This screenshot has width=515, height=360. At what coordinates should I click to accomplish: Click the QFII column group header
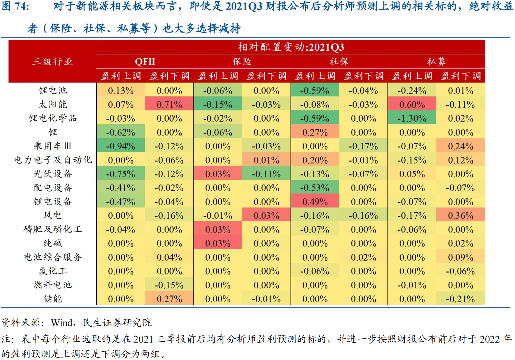(145, 61)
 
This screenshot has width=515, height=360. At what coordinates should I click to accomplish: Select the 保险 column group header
(242, 61)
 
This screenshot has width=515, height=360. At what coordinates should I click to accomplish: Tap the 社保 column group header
(339, 61)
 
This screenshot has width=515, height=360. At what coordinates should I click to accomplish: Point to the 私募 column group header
(436, 61)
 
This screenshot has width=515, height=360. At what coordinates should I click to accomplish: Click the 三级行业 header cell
(53, 61)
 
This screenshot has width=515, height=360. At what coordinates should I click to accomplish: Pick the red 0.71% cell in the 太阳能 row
(169, 105)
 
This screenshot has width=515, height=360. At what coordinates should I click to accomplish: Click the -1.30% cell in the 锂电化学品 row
(412, 118)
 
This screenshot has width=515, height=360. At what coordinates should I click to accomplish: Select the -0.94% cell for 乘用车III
(121, 146)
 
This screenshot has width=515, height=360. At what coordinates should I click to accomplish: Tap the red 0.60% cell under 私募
(412, 105)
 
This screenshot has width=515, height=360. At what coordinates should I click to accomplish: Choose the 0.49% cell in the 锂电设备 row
(315, 202)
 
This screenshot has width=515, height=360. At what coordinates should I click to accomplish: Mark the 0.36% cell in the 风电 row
(461, 215)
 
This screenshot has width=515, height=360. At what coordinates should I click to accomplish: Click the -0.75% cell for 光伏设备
(121, 174)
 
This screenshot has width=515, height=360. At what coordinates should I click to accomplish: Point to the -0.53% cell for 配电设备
(315, 188)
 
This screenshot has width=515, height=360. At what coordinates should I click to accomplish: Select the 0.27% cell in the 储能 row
(169, 299)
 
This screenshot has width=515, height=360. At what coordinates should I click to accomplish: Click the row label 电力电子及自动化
(53, 160)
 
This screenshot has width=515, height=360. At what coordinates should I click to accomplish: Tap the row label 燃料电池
(53, 285)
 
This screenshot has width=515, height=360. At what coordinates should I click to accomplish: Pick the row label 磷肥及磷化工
(53, 229)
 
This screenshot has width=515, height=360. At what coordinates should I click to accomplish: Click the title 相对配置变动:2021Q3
(291, 47)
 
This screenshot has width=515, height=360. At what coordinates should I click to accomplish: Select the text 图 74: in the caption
(15, 6)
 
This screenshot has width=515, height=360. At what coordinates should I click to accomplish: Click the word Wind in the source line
(62, 323)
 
